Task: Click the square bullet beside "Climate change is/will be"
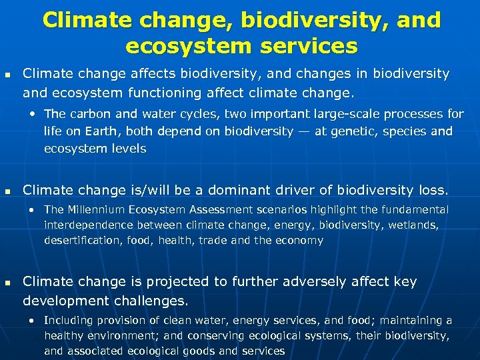pyautogui.click(x=7, y=191)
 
